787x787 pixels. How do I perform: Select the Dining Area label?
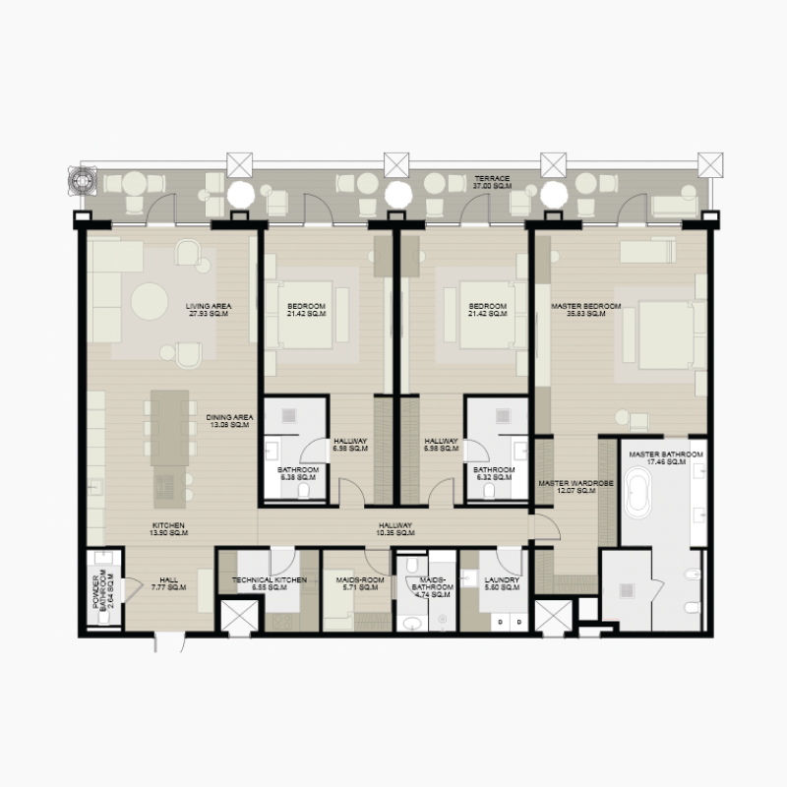(230, 422)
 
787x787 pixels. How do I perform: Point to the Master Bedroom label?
(586, 311)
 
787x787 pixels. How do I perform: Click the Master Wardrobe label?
(575, 488)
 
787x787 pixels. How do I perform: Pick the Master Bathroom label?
(666, 457)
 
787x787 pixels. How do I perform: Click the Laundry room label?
(502, 584)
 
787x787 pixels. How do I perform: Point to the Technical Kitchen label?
(269, 584)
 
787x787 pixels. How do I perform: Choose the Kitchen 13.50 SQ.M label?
(168, 529)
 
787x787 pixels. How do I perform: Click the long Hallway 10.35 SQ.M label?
(394, 529)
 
